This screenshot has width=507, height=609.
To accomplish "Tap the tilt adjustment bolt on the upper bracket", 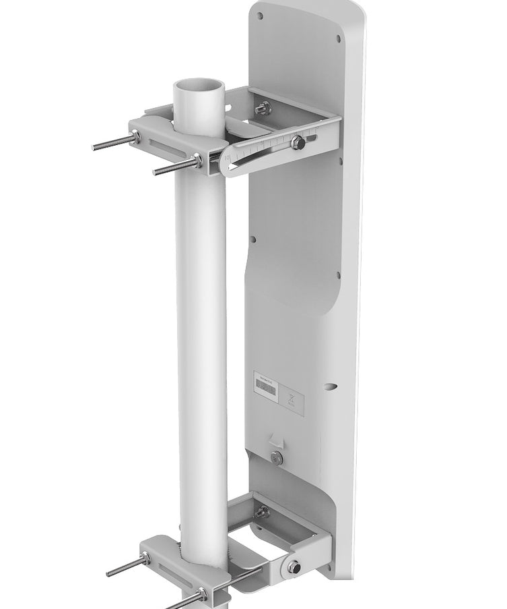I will pyautogui.click(x=296, y=142).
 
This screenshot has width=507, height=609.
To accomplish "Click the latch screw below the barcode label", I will pyautogui.click(x=277, y=458).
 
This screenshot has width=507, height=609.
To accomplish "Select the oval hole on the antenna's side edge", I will pyautogui.click(x=330, y=386).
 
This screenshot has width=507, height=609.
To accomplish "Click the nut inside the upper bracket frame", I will pyautogui.click(x=265, y=107).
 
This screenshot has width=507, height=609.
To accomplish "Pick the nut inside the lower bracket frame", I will pyautogui.click(x=263, y=512).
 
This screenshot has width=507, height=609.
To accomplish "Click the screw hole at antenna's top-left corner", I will pyautogui.click(x=261, y=15).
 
